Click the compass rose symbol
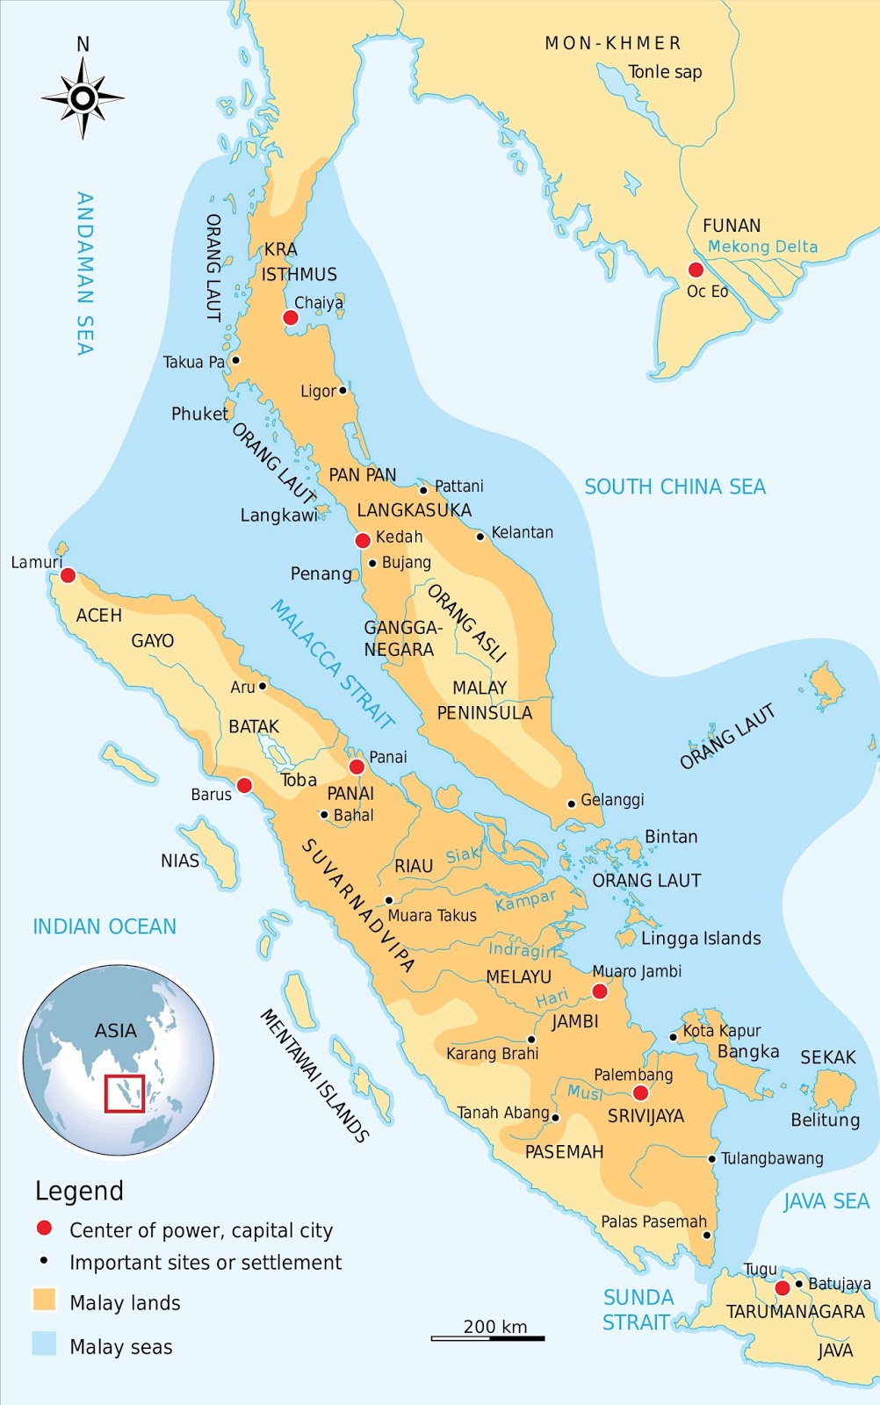pos(83,97)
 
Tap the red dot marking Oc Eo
pos(696,270)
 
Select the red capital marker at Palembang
pos(640,1092)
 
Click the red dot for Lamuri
pos(68,576)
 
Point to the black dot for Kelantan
pos(480,537)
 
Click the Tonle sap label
pos(665,72)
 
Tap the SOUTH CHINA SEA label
pos(674,486)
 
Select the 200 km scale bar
pos(487,1338)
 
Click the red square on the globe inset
pos(124,1093)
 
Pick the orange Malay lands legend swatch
pos(44,1300)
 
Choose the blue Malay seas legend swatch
pos(44,1344)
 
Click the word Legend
pos(79,1192)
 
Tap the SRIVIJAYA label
pos(646,1116)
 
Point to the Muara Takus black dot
pos(389,900)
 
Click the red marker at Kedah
pos(363,541)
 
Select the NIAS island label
pos(180,861)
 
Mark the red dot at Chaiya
pos(291,317)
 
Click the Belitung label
pos(825,1120)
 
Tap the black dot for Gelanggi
pos(572,803)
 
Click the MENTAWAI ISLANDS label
pos(314,1075)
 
